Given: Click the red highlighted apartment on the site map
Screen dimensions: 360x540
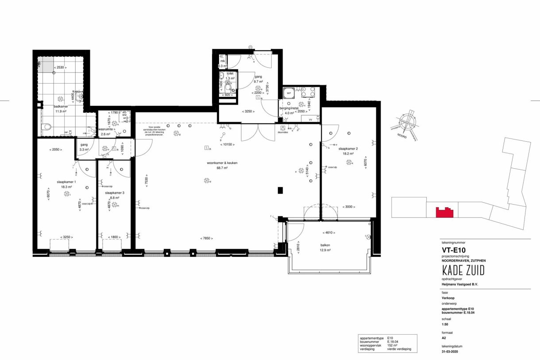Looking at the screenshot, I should click(x=444, y=213).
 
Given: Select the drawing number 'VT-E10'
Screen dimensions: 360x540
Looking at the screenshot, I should click(x=451, y=250).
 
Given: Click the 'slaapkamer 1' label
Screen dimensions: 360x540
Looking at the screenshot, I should click(x=66, y=182).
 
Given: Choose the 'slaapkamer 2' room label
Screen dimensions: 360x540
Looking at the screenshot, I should click(x=348, y=149).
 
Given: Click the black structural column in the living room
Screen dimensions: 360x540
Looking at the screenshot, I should click(x=280, y=190).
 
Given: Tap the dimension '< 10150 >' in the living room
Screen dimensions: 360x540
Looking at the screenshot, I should click(x=228, y=144).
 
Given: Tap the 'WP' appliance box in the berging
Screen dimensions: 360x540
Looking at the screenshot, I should click(x=289, y=93).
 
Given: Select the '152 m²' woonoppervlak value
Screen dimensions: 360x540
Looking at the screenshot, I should click(x=393, y=345).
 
